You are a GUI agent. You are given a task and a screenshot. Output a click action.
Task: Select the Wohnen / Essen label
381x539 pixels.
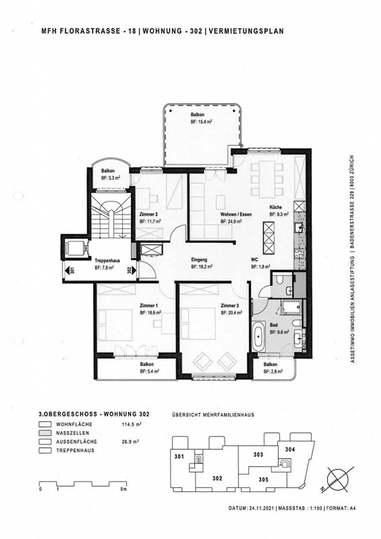(236, 214)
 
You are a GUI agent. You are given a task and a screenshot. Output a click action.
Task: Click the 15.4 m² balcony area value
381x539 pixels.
(201, 122)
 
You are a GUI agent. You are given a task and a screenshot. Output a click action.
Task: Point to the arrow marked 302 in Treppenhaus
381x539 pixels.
(132, 270)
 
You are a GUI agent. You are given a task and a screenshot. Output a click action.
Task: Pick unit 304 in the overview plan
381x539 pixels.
(290, 449)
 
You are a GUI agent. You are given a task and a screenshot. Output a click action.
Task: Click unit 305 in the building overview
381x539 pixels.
(264, 479)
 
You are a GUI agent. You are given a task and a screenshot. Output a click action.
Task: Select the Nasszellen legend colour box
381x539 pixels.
(45, 433)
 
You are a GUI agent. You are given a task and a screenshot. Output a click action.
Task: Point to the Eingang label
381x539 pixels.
(199, 260)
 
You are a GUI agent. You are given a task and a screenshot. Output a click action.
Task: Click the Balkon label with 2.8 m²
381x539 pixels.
(270, 364)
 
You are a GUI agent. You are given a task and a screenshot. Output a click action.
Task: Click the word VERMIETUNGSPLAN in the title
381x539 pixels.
(246, 31)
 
